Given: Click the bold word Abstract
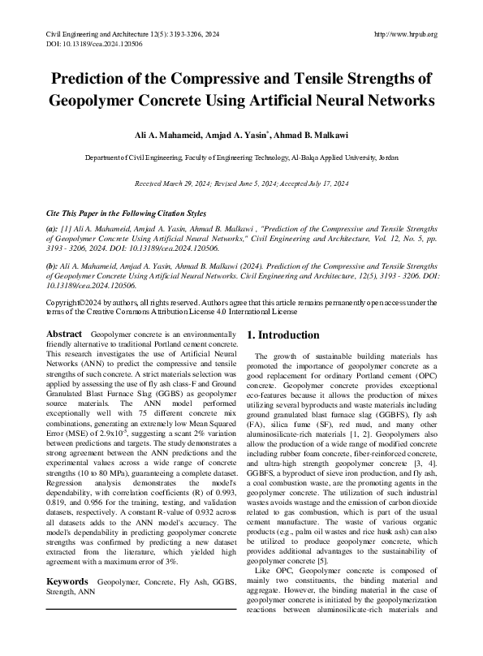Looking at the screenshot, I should [x=63, y=334].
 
